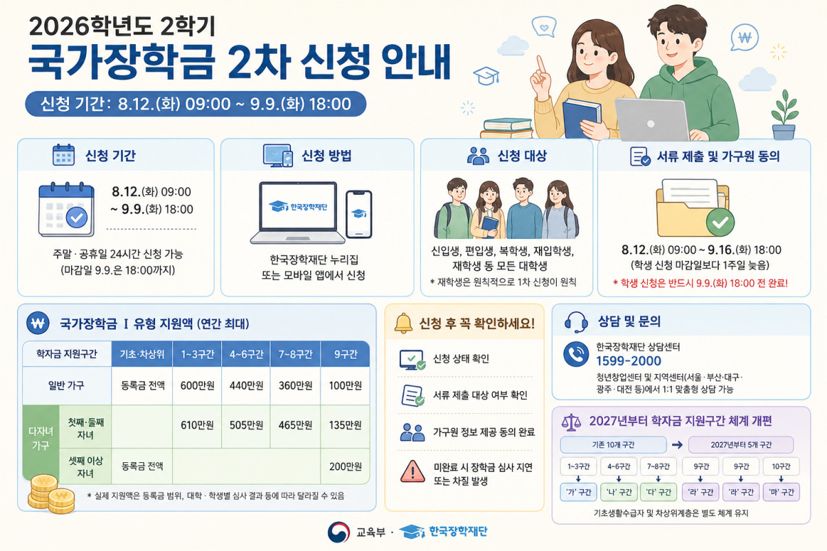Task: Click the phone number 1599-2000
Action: tap(629, 361)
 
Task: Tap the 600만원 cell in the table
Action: tap(197, 386)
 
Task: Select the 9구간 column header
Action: tap(345, 354)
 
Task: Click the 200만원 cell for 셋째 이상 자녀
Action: tap(345, 466)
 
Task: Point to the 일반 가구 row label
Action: tap(66, 386)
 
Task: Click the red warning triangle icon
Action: tap(413, 471)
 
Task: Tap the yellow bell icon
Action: tap(404, 323)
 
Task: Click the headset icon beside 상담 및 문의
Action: tap(576, 322)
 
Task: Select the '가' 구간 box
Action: tap(578, 492)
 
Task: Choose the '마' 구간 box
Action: tap(782, 492)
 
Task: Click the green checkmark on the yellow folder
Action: tap(720, 222)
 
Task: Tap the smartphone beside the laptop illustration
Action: tap(358, 214)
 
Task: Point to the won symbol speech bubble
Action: tap(745, 38)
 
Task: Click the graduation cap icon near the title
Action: tap(487, 76)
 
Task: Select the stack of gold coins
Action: tap(50, 494)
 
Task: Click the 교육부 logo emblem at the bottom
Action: tap(338, 532)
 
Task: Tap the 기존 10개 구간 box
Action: tap(613, 445)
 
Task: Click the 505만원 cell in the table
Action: tap(246, 425)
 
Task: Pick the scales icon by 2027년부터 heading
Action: tap(571, 422)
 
